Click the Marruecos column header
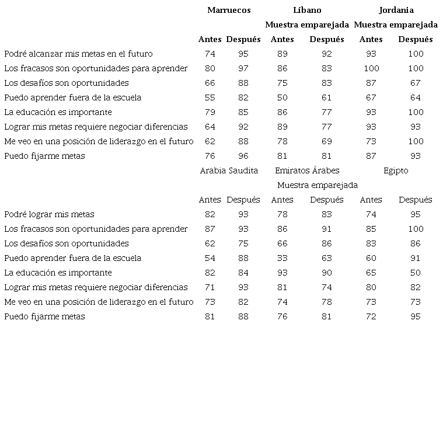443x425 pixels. pyautogui.click(x=229, y=10)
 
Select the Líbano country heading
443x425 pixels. pyautogui.click(x=307, y=10)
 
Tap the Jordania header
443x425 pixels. pyautogui.click(x=396, y=10)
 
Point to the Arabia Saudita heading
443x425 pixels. pyautogui.click(x=229, y=170)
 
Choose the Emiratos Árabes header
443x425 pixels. pyautogui.click(x=307, y=170)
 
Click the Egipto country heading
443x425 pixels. pyautogui.click(x=396, y=170)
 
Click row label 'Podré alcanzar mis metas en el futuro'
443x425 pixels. pyautogui.click(x=78, y=54)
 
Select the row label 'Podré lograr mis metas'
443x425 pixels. pyautogui.click(x=49, y=214)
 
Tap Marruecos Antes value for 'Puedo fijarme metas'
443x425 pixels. pyautogui.click(x=210, y=156)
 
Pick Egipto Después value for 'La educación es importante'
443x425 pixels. pyautogui.click(x=416, y=273)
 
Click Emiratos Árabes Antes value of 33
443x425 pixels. pyautogui.click(x=282, y=258)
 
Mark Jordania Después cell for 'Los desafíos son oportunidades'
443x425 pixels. pyautogui.click(x=416, y=83)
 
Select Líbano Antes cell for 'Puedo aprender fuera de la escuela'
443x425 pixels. pyautogui.click(x=282, y=97)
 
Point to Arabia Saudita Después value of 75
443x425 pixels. pyautogui.click(x=243, y=243)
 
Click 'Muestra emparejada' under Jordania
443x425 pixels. pyautogui.click(x=396, y=25)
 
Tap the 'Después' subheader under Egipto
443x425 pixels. pyautogui.click(x=416, y=200)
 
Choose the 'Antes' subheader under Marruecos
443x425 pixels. pyautogui.click(x=210, y=39)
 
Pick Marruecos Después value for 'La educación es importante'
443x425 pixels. pyautogui.click(x=243, y=112)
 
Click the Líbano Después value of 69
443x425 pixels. pyautogui.click(x=327, y=141)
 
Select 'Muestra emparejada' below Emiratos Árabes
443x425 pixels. pyautogui.click(x=318, y=185)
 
